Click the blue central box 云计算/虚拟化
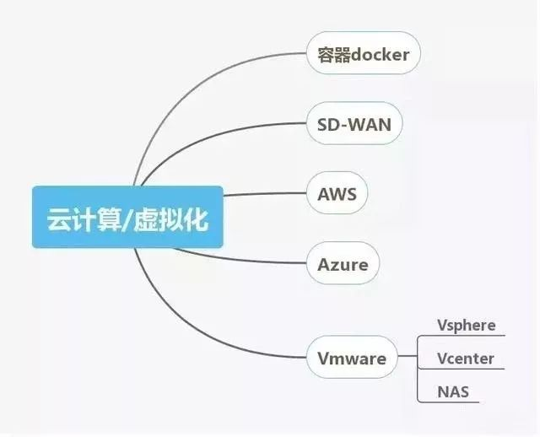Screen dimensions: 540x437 [127, 217]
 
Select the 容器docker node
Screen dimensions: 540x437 [364, 53]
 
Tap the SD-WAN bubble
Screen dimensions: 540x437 [354, 123]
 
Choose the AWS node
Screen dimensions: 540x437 [337, 193]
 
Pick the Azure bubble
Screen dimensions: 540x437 [343, 263]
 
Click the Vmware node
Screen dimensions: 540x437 [352, 357]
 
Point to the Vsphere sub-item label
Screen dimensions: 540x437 [467, 325]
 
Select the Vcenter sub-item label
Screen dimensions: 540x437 [466, 359]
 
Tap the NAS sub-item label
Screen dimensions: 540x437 [453, 391]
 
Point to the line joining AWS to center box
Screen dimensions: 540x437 [265, 194]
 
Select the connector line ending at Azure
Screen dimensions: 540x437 [241, 259]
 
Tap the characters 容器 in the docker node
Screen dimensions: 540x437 [329, 55]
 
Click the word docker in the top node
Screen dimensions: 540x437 [375, 54]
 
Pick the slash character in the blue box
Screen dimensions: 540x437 [127, 219]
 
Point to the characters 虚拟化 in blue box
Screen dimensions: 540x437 [170, 219]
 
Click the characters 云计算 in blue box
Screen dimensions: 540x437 [84, 219]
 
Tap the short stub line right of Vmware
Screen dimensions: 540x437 [407, 356]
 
